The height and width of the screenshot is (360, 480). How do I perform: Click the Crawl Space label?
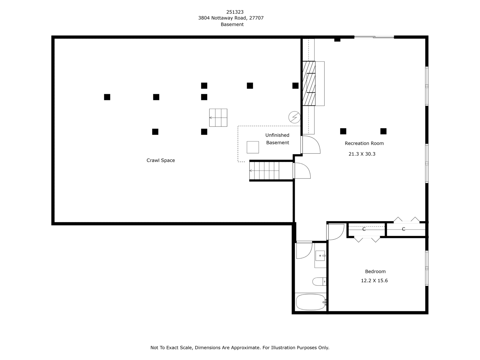pos(160,160)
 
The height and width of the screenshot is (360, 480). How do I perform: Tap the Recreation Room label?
pos(364,143)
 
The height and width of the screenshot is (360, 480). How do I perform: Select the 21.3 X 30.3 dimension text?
pos(362,154)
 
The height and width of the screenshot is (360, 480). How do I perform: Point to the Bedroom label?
pos(375,271)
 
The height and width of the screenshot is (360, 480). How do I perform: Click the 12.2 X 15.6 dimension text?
pos(374,281)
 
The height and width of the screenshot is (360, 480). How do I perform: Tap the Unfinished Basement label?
pos(277,139)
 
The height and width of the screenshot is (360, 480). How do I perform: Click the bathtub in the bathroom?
pos(310,302)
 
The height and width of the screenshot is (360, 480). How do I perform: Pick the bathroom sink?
pos(320,256)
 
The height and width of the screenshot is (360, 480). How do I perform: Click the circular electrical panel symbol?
pos(294,117)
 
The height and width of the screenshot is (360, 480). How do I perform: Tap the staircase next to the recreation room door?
pos(264,171)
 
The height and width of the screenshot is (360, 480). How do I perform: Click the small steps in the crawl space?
pos(218,118)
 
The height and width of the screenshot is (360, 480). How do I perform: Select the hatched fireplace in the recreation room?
pos(309,83)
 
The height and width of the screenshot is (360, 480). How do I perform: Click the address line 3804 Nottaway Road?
pos(231,18)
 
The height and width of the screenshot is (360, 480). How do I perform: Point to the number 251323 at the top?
pos(235,12)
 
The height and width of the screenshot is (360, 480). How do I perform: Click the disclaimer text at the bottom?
pos(240,348)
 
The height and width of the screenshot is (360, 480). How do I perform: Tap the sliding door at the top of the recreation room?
pos(374,37)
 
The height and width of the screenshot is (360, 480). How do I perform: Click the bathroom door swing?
pos(304,250)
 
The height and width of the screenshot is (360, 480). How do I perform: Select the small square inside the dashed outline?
pos(253,147)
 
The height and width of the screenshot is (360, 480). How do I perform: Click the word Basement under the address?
pos(232,25)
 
